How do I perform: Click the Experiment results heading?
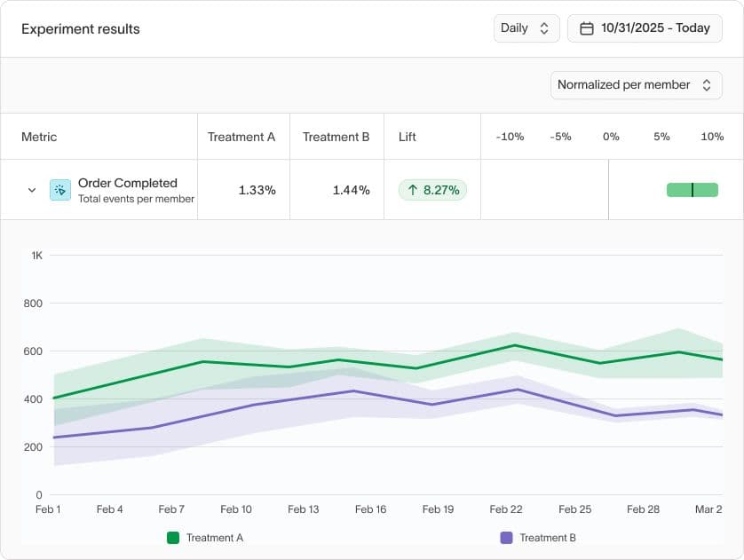[81, 28]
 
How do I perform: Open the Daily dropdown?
[526, 28]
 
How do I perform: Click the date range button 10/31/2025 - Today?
[645, 28]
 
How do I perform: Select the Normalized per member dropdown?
[636, 85]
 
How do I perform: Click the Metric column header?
[39, 137]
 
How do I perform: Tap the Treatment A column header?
[241, 137]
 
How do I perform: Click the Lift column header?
[408, 137]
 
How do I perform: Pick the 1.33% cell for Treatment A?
[257, 190]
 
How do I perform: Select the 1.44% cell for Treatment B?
[351, 190]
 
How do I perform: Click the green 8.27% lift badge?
[432, 190]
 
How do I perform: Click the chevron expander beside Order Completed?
[32, 190]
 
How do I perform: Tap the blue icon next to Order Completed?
[60, 190]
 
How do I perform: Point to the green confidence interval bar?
[692, 190]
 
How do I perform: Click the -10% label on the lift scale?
[510, 137]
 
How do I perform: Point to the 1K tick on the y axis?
[36, 256]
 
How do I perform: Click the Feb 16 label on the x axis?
[370, 509]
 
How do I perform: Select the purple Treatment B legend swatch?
[507, 538]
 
